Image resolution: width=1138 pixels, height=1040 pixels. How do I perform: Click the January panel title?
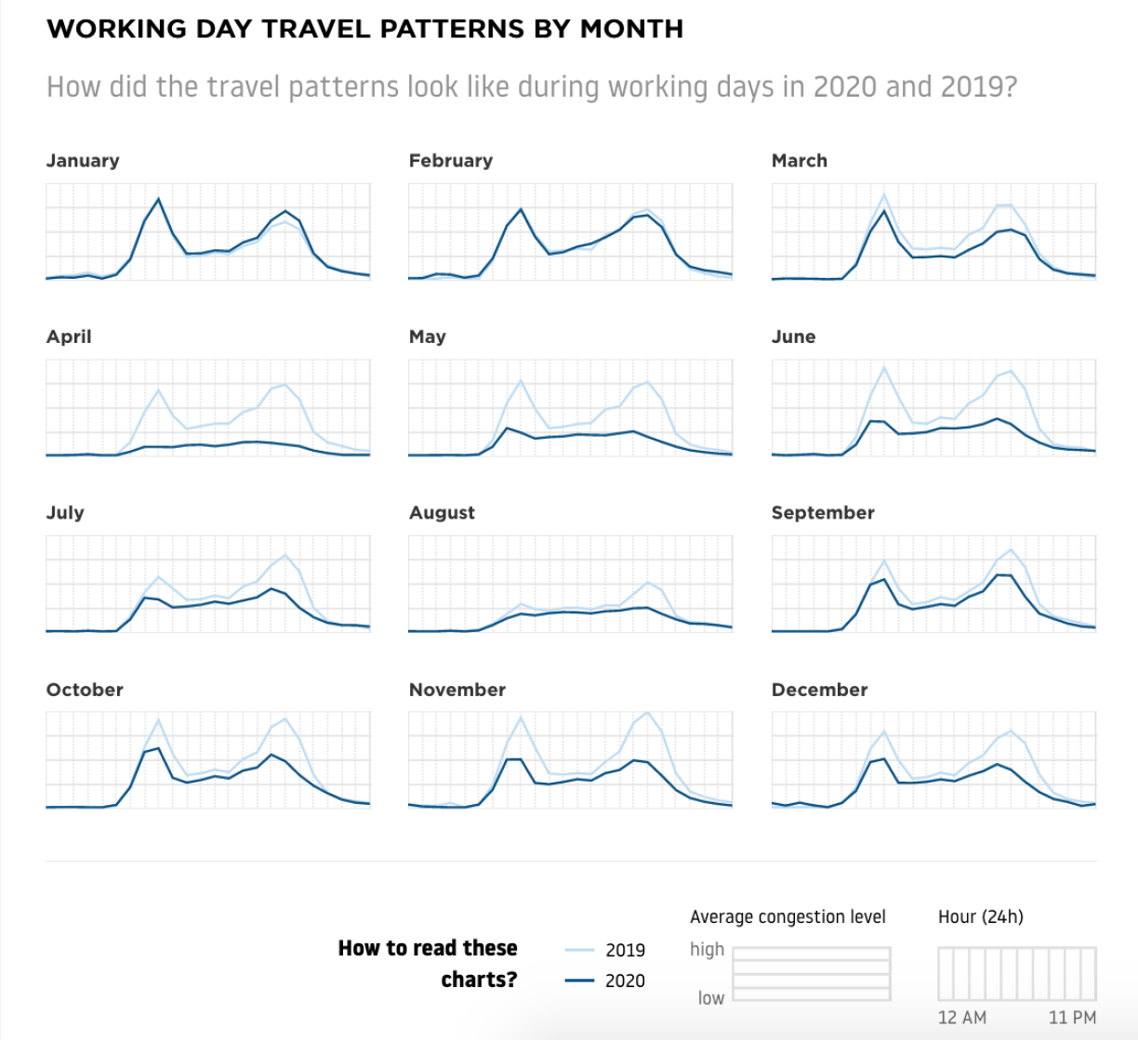coord(83,161)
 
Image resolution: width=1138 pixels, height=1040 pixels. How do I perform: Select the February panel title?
coord(450,161)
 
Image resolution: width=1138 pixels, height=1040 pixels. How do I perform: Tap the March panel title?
coord(799,161)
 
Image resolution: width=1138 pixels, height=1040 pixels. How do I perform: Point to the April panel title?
coord(69,336)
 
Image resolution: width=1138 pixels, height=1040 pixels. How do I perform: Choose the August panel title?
coord(442,513)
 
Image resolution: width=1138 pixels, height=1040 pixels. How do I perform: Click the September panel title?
coord(823,513)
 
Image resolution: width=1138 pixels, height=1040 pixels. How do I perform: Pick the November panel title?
coord(457,690)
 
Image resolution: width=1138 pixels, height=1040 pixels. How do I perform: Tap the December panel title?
coord(819,690)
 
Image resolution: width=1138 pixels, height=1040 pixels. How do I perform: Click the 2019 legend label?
coord(625,950)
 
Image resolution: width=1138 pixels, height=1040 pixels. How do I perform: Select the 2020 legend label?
coord(625,981)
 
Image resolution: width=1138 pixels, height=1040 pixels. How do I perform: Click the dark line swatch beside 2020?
coord(579,981)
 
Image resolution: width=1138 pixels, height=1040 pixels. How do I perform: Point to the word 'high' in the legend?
coord(707,949)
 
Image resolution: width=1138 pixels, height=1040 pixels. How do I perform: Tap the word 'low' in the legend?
coord(710,998)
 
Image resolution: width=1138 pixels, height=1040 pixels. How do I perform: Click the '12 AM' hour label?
coord(961,1018)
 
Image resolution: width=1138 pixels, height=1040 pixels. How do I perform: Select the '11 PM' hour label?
coord(1072,1018)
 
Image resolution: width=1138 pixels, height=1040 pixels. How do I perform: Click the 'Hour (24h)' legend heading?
coord(980,917)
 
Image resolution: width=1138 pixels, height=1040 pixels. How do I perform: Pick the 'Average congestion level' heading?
coord(787,917)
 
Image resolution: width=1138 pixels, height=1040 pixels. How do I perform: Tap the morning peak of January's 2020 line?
coord(158,199)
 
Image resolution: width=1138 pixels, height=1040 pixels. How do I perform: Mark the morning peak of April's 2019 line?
coord(159,389)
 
